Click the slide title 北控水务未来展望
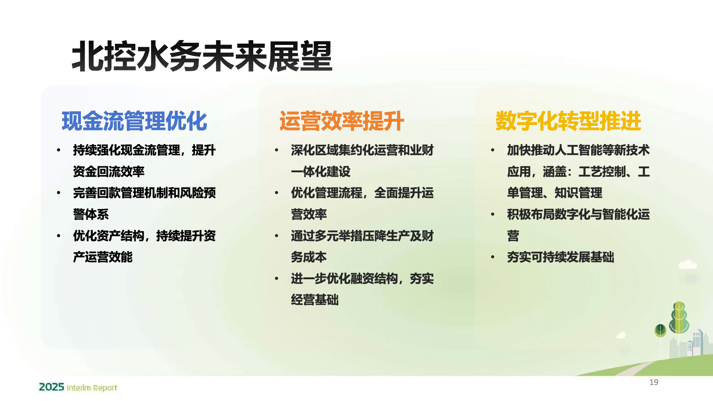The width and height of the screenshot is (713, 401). [x=202, y=56]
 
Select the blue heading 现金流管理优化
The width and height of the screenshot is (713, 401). [x=134, y=121]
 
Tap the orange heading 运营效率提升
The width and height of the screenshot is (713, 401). [x=342, y=121]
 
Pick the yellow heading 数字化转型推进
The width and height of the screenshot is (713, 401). [x=568, y=121]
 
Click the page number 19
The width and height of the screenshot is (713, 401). [x=654, y=382]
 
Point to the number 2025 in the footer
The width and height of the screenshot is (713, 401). [x=52, y=387]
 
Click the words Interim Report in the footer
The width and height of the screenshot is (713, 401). [x=92, y=388]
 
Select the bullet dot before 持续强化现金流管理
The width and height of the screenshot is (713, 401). [x=59, y=150]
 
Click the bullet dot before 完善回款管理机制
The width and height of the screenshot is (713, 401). [x=59, y=193]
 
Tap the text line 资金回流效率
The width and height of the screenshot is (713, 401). [x=109, y=172]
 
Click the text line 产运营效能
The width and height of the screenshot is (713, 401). [x=103, y=257]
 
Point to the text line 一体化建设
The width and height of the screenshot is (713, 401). [x=321, y=172]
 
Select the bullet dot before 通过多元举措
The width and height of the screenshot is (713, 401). [x=277, y=236]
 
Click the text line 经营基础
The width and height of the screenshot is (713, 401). [x=315, y=300]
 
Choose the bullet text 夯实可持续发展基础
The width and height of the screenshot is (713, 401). [x=561, y=257]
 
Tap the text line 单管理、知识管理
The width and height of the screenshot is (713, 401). [x=555, y=193]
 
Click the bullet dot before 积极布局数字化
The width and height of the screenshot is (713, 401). [x=493, y=214]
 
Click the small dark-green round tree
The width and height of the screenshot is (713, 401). [x=660, y=330]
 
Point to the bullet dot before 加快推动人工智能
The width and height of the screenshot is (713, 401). [x=493, y=150]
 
